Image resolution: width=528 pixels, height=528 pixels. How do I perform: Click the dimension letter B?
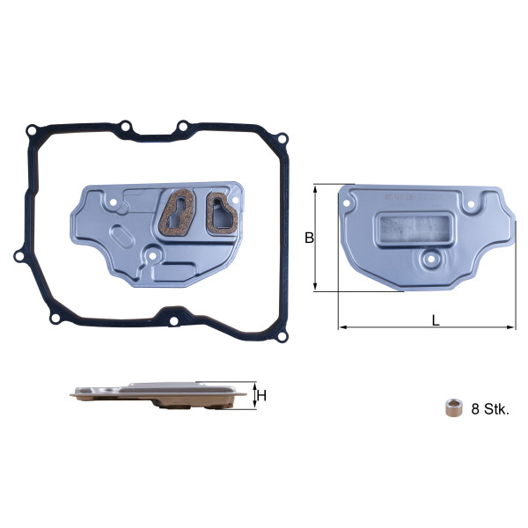309,238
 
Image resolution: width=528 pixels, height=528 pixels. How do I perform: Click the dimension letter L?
436,320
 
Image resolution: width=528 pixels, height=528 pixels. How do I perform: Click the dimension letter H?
261,396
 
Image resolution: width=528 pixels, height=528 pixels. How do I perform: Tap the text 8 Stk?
490,409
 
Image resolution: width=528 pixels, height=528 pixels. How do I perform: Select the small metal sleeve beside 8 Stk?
453,408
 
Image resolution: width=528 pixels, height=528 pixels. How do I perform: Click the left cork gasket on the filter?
177,212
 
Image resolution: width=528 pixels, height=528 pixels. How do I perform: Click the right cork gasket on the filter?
222,213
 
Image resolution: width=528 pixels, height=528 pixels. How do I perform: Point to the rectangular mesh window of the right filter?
414,229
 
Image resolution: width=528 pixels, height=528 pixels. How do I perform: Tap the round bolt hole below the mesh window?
430,260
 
